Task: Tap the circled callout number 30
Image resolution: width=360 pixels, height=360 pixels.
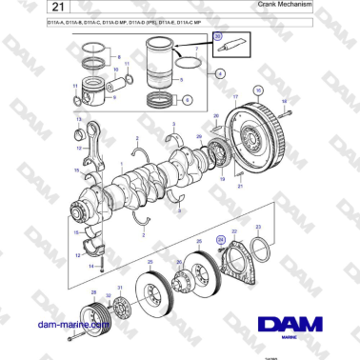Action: click(218, 36)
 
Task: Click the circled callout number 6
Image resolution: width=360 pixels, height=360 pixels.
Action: click(186, 98)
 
